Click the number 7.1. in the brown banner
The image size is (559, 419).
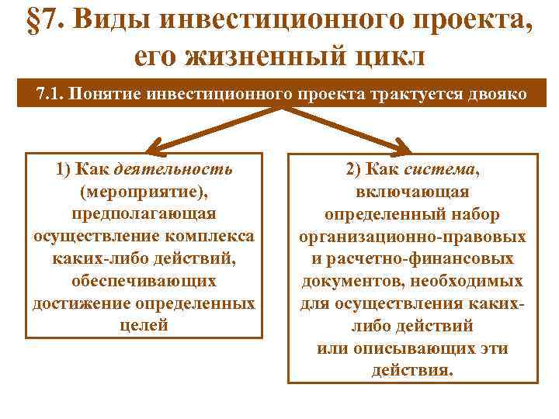coord(51,94)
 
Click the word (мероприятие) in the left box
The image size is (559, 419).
coord(144,190)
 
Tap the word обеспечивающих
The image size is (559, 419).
coord(144,280)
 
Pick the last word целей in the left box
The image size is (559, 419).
coord(144,325)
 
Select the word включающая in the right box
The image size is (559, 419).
coord(412,191)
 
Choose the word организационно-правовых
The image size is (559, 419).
coord(412,236)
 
